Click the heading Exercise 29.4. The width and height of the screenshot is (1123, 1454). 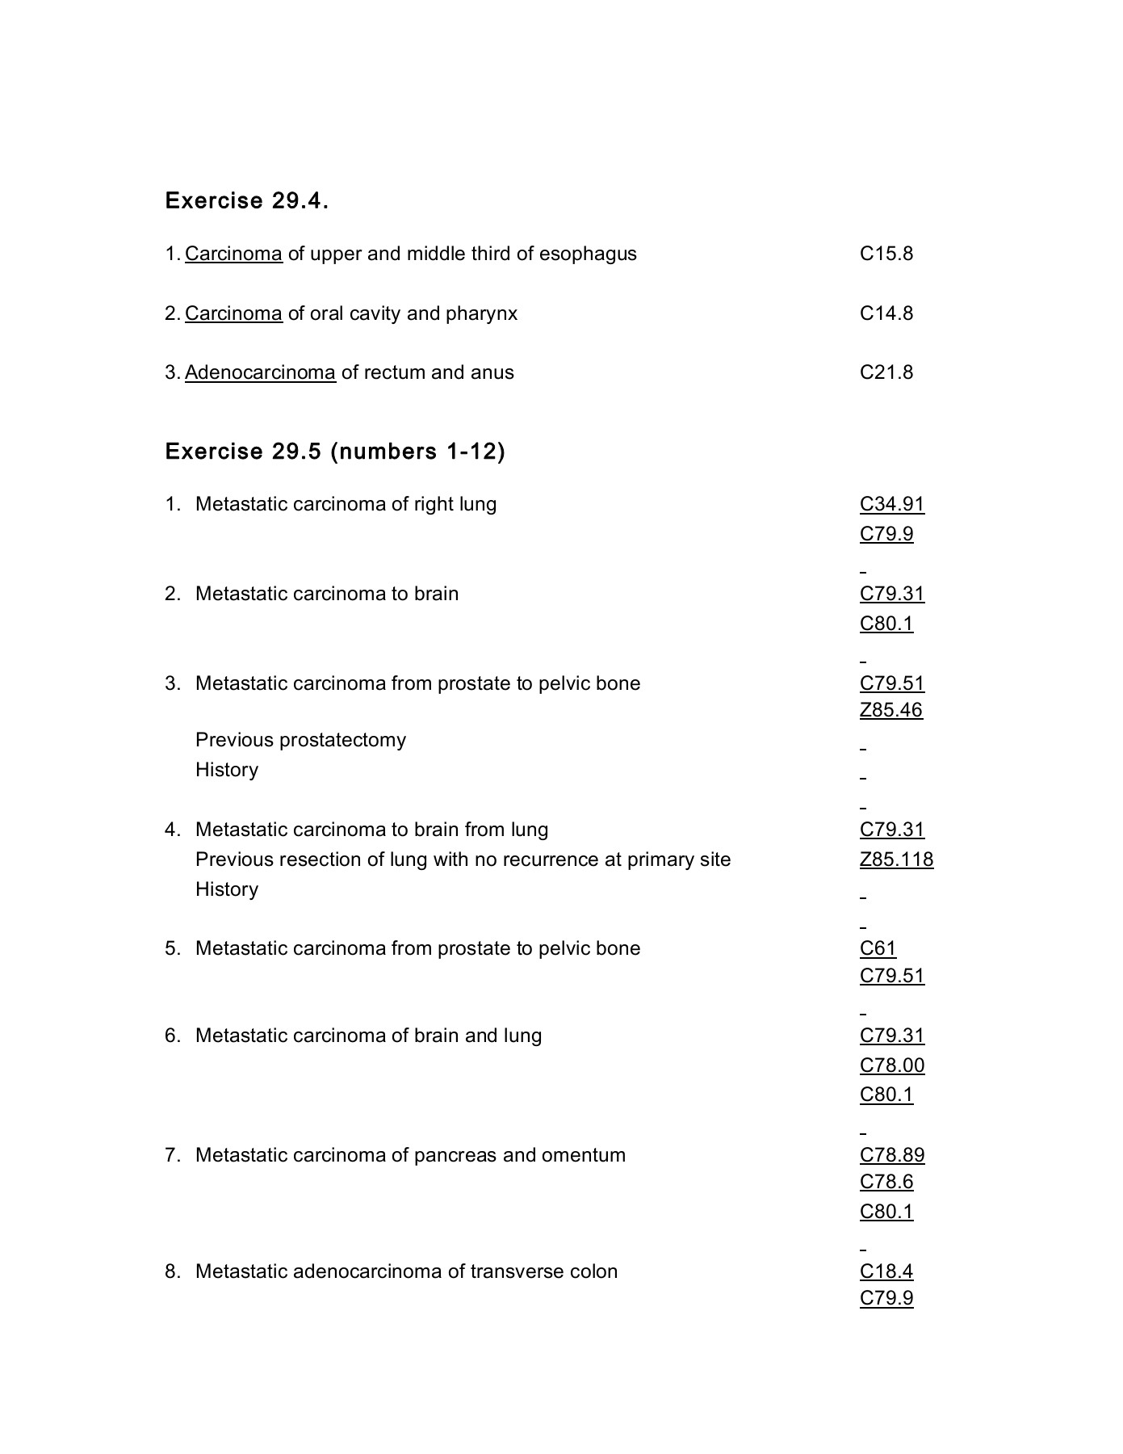pyautogui.click(x=246, y=200)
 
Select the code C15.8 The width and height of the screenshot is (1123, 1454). pyautogui.click(x=886, y=254)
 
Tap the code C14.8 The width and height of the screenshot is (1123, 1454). pyautogui.click(x=886, y=313)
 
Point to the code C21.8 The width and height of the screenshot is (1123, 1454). pyautogui.click(x=886, y=372)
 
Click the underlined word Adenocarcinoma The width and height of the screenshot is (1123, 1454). pyautogui.click(x=260, y=372)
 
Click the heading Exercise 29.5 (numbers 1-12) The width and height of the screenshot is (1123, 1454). pyautogui.click(x=335, y=451)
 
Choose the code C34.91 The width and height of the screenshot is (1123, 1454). pyautogui.click(x=891, y=504)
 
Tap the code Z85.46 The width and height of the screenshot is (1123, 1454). pyautogui.click(x=890, y=710)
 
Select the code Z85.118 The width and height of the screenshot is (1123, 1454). pyautogui.click(x=896, y=859)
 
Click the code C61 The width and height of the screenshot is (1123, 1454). pyautogui.click(x=878, y=948)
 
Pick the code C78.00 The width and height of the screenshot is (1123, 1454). pyautogui.click(x=891, y=1065)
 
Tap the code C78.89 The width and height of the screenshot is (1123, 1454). pyautogui.click(x=891, y=1155)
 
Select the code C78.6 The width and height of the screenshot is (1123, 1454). pyautogui.click(x=886, y=1182)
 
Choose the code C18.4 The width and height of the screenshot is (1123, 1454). pyautogui.click(x=886, y=1271)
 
